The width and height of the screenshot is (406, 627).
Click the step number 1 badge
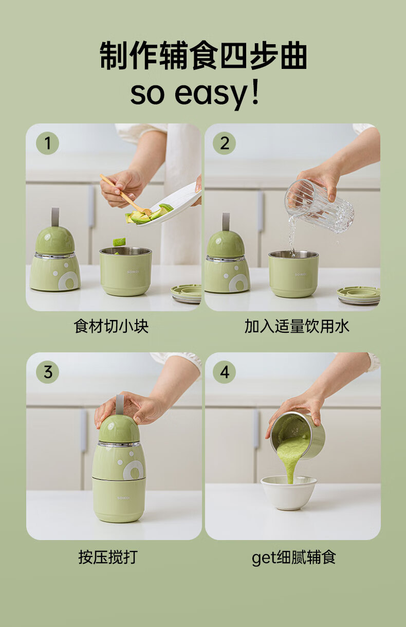click(47, 144)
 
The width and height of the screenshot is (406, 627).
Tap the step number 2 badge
click(224, 144)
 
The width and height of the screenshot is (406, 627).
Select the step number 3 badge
click(47, 372)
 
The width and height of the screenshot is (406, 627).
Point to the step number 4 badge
click(224, 372)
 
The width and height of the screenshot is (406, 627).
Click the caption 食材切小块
click(112, 327)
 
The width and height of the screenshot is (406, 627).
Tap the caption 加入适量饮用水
click(297, 327)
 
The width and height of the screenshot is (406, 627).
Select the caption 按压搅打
click(108, 557)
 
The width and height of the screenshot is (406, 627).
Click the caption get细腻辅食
click(293, 558)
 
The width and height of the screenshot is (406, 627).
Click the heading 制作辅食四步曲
click(204, 55)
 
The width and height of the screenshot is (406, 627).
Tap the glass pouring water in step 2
click(319, 206)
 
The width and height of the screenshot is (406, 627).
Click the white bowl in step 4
click(289, 493)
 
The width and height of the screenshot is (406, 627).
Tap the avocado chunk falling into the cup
click(119, 242)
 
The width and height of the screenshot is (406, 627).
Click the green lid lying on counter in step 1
click(186, 294)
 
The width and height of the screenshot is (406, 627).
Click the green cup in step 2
click(293, 274)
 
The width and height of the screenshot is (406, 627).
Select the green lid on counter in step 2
click(359, 296)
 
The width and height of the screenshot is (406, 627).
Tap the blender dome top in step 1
click(56, 241)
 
